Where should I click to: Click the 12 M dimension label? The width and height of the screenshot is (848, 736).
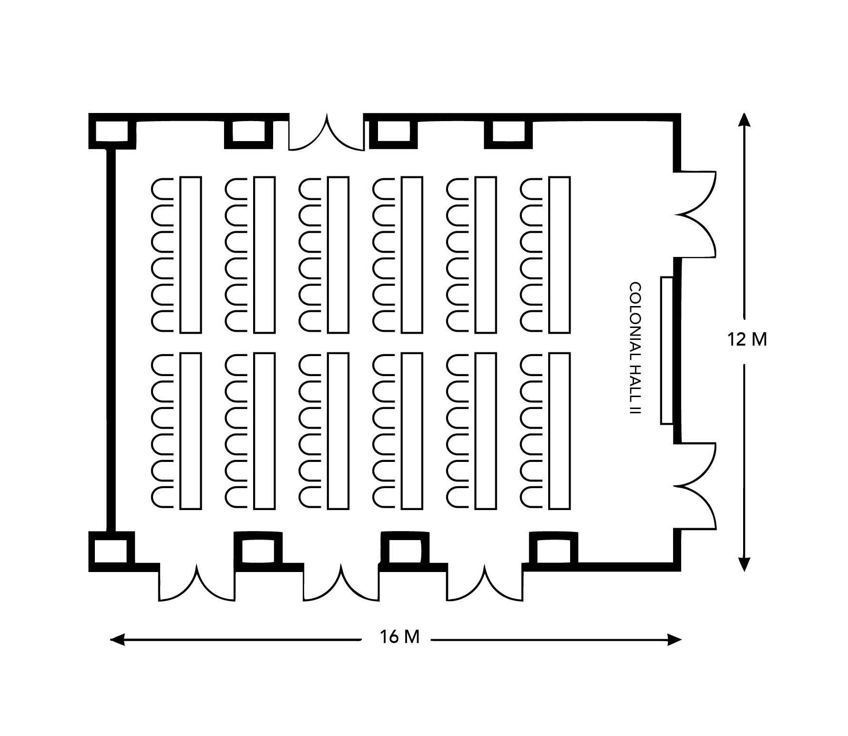(x=747, y=339)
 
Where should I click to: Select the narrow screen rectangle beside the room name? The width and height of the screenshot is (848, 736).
(x=667, y=350)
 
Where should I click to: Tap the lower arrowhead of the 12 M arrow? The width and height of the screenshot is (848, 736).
(x=745, y=564)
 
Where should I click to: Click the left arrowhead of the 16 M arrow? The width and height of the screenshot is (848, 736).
(x=117, y=639)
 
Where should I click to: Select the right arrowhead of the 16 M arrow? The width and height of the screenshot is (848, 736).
(x=674, y=639)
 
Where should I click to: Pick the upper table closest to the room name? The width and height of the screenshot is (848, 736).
(x=560, y=255)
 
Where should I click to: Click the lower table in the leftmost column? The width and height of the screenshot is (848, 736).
(x=190, y=431)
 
